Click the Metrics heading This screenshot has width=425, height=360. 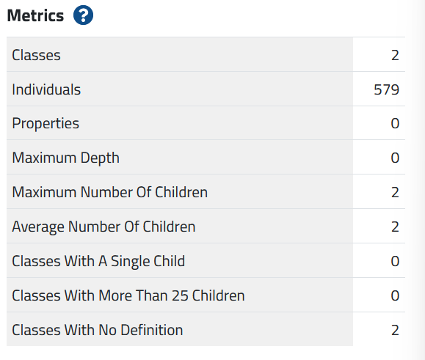[x=35, y=15]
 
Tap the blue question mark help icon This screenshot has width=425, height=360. [x=84, y=16]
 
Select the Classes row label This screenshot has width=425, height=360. [x=36, y=55]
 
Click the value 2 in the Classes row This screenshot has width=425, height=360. [x=395, y=55]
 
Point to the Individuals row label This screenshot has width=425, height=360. [x=46, y=89]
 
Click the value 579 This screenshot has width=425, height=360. [x=386, y=89]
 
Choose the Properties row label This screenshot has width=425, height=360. [x=46, y=123]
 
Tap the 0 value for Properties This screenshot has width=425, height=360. [x=395, y=123]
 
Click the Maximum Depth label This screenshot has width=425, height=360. [x=65, y=158]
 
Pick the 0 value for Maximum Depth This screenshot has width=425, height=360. [x=395, y=158]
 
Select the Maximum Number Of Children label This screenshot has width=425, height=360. [x=109, y=192]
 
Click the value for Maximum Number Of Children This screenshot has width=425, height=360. [x=395, y=192]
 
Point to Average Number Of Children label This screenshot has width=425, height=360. [x=103, y=227]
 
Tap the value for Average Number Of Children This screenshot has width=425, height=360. [x=395, y=227]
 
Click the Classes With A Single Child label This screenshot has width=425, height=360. [x=98, y=261]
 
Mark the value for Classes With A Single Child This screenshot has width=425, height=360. [x=395, y=261]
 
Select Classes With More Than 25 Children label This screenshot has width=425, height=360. [x=128, y=295]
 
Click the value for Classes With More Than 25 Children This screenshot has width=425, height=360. [x=395, y=295]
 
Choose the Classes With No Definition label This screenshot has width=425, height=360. [x=97, y=330]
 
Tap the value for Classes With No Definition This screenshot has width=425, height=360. [x=395, y=330]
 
